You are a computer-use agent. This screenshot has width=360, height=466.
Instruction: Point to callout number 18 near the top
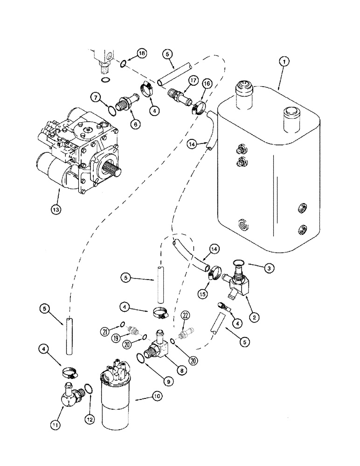point(142,54)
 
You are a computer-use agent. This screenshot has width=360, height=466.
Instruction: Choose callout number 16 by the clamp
point(207,83)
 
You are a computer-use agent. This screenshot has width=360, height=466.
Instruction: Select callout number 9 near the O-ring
point(170,381)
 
